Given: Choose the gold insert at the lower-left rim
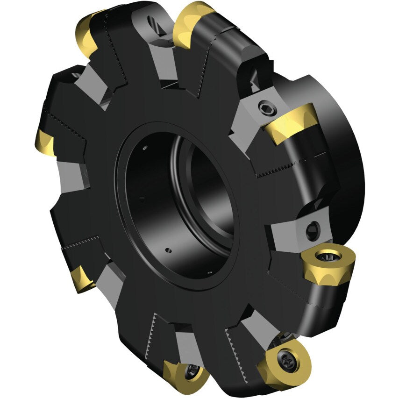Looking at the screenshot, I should point(82,279).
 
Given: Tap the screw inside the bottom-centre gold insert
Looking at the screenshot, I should point(192,371).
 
